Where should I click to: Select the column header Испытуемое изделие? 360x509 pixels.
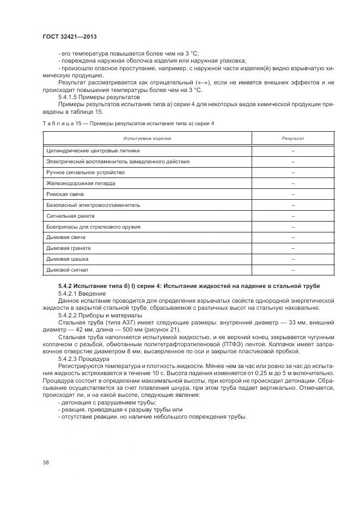[x=147, y=138]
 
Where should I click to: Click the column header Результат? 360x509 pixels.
[x=293, y=138]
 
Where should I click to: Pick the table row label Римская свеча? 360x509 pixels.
[x=65, y=194]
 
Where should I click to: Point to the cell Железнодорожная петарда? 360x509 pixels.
[x=81, y=183]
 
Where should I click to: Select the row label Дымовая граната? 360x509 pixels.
[x=68, y=248]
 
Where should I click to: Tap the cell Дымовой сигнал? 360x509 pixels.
[x=67, y=269]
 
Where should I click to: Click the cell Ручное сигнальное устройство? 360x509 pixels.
[x=86, y=172]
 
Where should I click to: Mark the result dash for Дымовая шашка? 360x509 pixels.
[x=293, y=259]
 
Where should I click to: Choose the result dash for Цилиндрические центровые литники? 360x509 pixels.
[x=293, y=151]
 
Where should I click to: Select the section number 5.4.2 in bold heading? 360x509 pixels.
[x=66, y=286]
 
